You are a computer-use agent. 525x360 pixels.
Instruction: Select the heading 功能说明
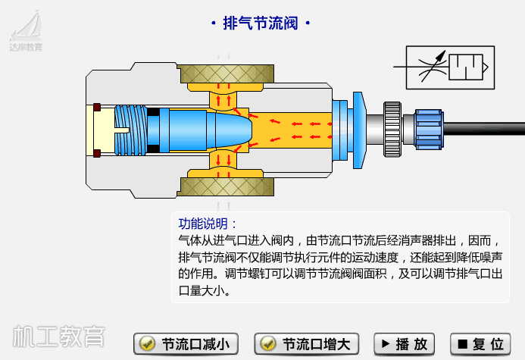(x=207, y=224)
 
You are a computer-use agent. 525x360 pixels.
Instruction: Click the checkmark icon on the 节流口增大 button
(x=267, y=344)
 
